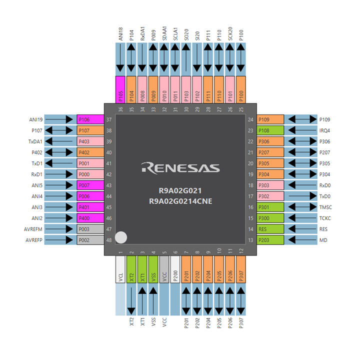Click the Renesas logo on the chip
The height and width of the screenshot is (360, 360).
pyautogui.click(x=180, y=167)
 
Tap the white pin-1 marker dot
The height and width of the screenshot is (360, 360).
pyautogui.click(x=121, y=238)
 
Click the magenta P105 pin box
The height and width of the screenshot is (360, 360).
pyautogui.click(x=120, y=89)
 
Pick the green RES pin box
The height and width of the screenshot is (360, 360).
pyautogui.click(x=270, y=229)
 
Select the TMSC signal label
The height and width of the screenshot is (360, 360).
pyautogui.click(x=326, y=207)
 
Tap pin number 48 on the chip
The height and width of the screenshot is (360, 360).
pyautogui.click(x=108, y=240)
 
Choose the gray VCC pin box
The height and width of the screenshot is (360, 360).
pyautogui.click(x=164, y=270)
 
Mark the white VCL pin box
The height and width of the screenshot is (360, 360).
pyautogui.click(x=120, y=270)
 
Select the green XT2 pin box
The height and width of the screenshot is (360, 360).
pyautogui.click(x=131, y=270)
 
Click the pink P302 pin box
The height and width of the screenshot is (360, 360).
pyautogui.click(x=270, y=196)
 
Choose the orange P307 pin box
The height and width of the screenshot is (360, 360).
pyautogui.click(x=241, y=270)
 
